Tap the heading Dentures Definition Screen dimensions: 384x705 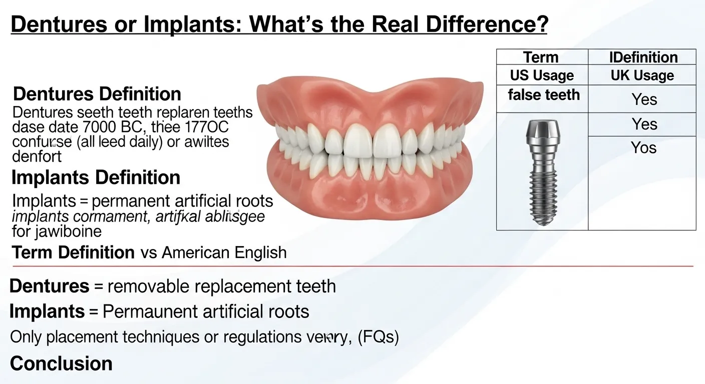[97, 94]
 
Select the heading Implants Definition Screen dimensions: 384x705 [96, 177]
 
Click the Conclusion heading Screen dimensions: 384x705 [61, 363]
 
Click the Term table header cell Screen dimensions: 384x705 [541, 57]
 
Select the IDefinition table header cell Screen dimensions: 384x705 [642, 57]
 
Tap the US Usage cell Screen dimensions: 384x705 [542, 75]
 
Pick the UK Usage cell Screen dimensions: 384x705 [642, 75]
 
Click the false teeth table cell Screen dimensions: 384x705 [543, 94]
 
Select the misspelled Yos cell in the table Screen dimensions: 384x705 [643, 148]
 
